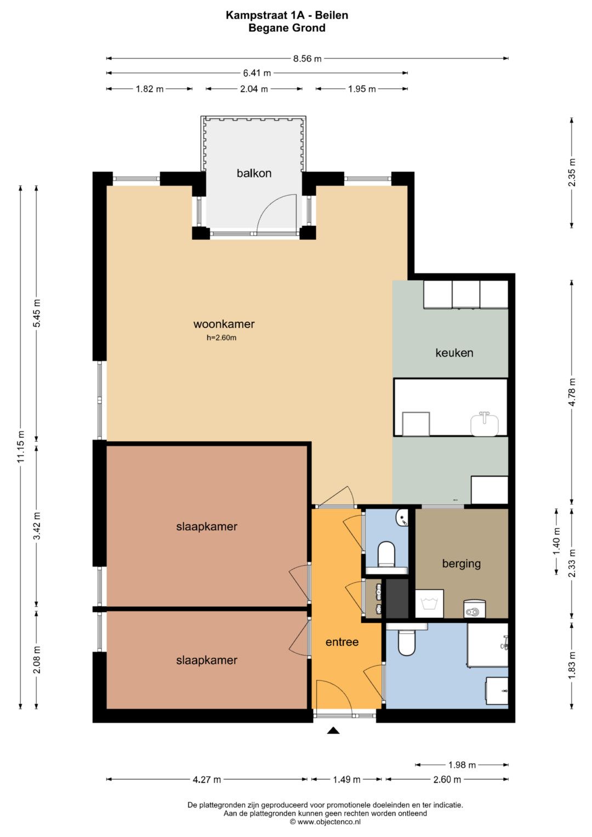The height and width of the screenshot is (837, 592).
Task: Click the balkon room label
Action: [254, 173]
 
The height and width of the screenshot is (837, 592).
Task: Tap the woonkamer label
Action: [224, 324]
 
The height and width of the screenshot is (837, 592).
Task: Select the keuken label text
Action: [454, 353]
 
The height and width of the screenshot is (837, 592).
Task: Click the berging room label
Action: [461, 563]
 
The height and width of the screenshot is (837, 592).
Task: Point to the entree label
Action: [342, 642]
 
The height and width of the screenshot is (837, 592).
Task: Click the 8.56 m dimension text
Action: [307, 58]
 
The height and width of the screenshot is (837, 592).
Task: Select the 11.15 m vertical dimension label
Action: [21, 447]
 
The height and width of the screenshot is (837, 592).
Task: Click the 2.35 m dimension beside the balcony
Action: [572, 172]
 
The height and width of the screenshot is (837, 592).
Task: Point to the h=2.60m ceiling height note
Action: [221, 338]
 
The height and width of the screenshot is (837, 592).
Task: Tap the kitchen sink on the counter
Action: [485, 424]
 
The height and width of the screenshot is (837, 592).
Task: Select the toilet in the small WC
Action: [386, 554]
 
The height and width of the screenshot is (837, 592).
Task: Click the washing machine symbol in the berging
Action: [429, 603]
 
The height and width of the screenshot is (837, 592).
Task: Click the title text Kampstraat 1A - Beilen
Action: [287, 15]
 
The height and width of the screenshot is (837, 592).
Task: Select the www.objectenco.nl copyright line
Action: [325, 822]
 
